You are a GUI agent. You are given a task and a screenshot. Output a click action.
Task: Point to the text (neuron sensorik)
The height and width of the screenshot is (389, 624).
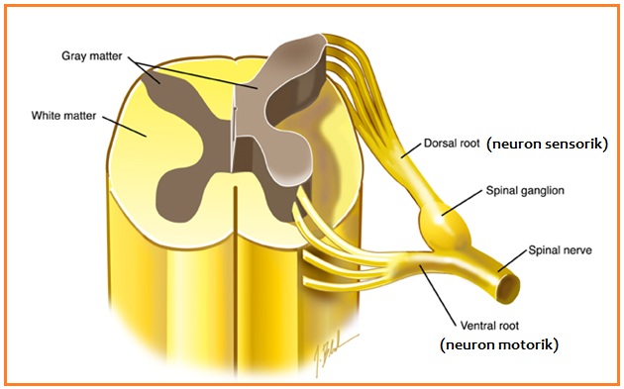click(547, 144)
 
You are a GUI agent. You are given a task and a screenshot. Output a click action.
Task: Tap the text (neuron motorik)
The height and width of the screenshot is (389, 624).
click(499, 344)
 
